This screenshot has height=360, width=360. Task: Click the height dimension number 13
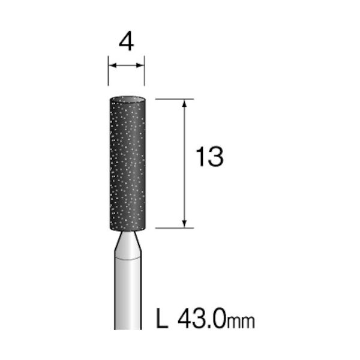pyautogui.click(x=209, y=157)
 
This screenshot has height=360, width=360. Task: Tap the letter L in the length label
pyautogui.click(x=162, y=318)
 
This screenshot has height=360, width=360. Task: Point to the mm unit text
pyautogui.click(x=241, y=322)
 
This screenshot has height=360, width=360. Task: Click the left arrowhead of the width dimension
pyautogui.click(x=113, y=65)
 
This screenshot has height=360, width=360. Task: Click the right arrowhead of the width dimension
pyautogui.click(x=140, y=65)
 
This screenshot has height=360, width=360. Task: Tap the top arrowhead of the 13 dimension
pyautogui.click(x=184, y=103)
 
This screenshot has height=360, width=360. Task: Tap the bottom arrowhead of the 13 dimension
pyautogui.click(x=184, y=224)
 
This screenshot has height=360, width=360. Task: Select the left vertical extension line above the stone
pyautogui.click(x=109, y=70)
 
